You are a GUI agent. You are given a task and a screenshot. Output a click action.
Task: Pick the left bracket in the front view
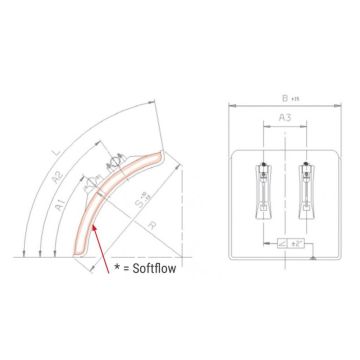pos(264,184)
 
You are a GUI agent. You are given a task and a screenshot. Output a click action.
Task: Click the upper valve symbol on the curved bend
pos(114,161)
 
